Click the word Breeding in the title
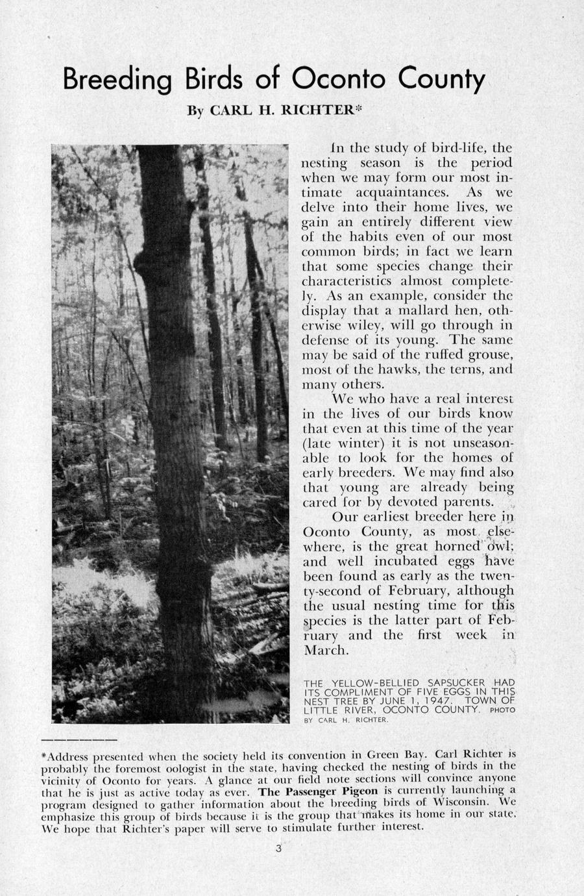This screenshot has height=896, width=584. point(117,81)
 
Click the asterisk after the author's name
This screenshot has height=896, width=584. point(356,108)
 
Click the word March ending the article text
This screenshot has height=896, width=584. point(326,650)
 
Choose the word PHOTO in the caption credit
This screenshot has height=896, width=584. point(502,710)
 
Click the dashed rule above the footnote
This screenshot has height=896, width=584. point(79,740)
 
